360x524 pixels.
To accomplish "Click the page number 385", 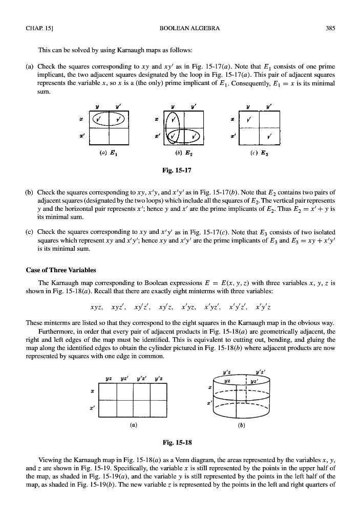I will (330, 28).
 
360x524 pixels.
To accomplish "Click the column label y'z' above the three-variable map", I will (142, 378).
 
